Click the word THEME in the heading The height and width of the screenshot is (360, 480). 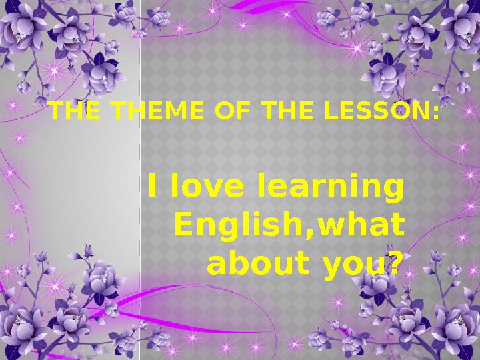coord(157,110)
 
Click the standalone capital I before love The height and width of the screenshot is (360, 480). coord(152,185)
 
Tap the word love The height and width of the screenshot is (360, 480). coord(207,185)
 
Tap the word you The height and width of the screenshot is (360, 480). coord(353,266)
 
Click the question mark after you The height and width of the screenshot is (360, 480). coord(392,263)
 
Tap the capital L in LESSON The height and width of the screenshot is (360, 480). coord(331,110)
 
